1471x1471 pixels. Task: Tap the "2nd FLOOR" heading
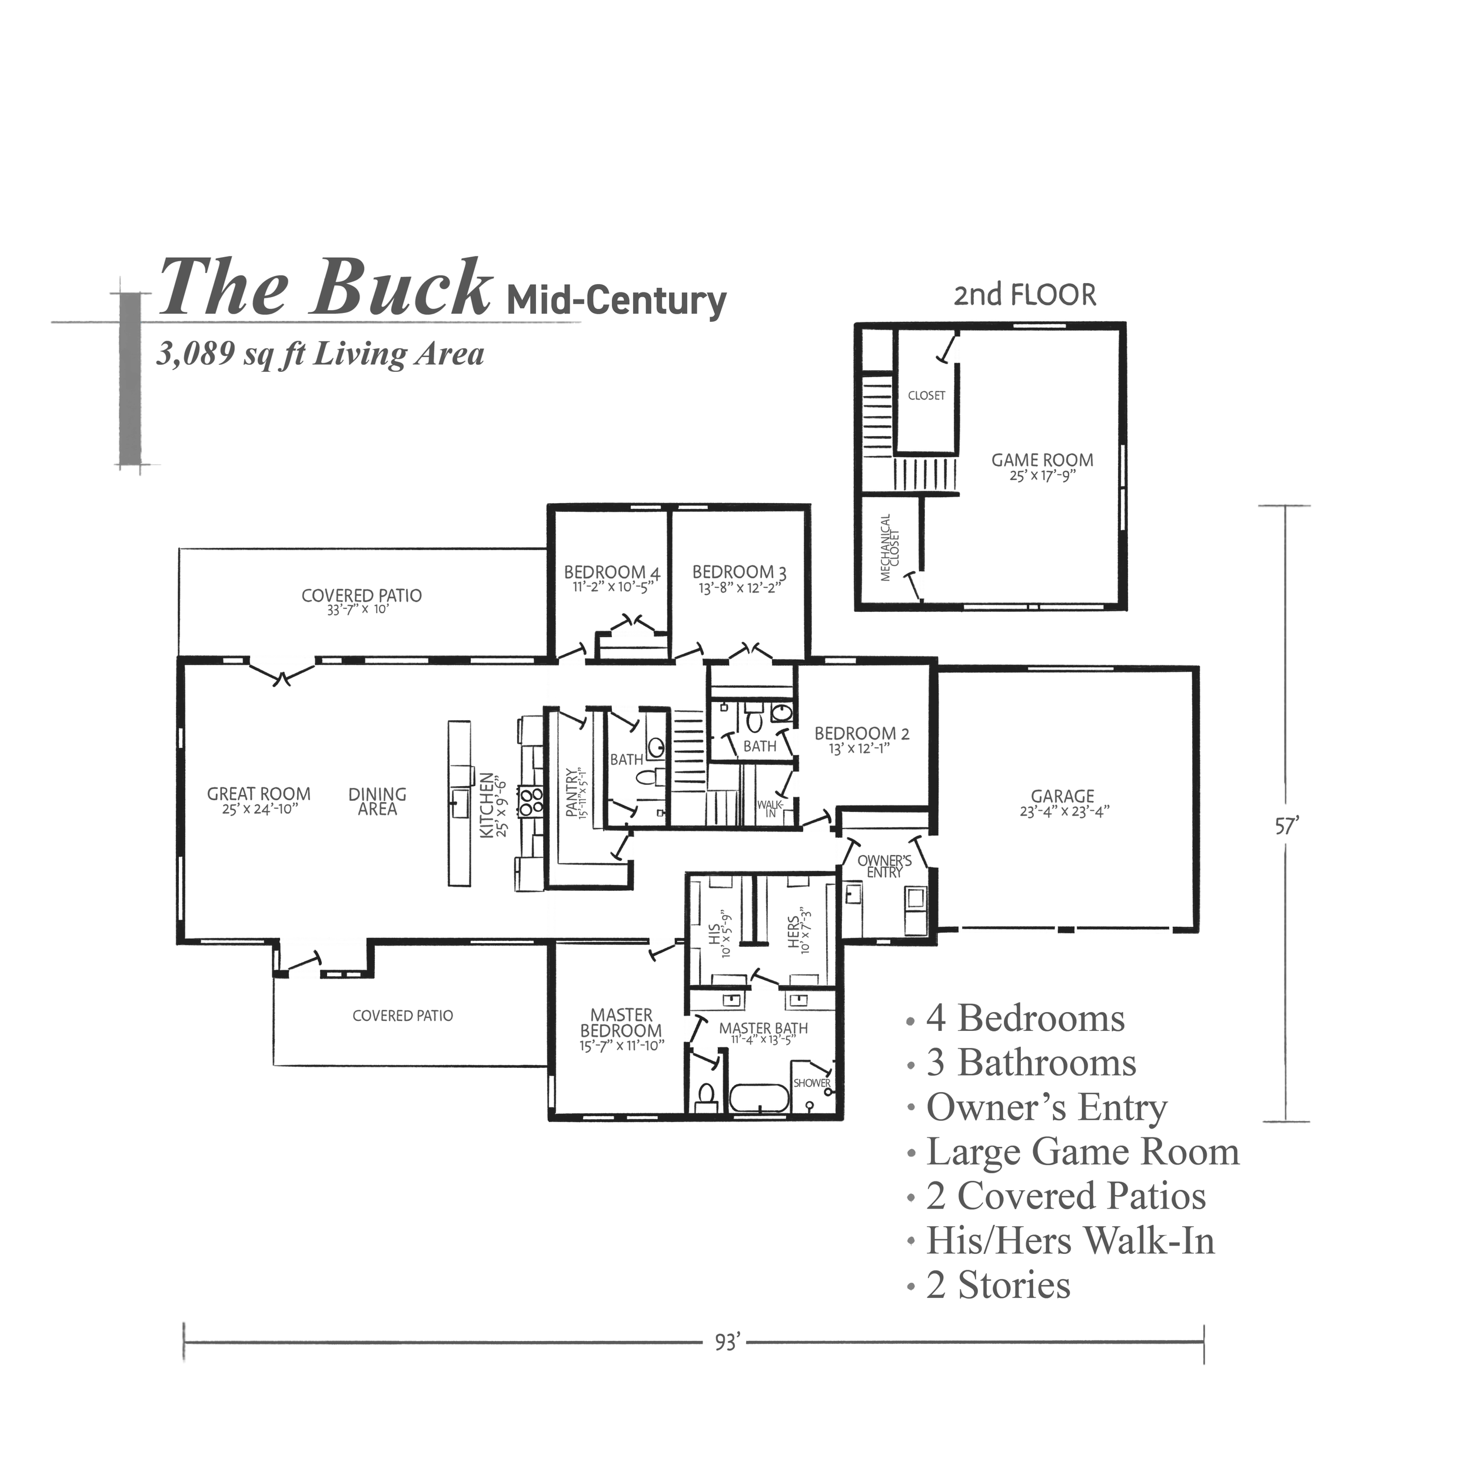[1025, 295]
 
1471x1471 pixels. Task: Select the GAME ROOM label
[1041, 462]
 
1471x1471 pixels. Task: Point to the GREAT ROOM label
[259, 795]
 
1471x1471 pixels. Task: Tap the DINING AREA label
[377, 801]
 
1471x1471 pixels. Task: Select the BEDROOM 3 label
[733, 573]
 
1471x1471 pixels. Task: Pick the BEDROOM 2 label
[861, 734]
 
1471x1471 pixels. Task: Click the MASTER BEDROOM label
[621, 1023]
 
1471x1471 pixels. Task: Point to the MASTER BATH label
[764, 1029]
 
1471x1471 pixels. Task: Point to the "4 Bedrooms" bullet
[1024, 1019]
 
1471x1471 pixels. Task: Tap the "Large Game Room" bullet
[1081, 1153]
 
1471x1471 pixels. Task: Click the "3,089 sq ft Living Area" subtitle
[320, 355]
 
